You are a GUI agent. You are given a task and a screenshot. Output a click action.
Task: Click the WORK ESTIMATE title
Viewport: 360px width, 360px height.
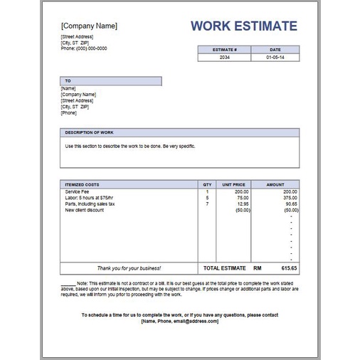coord(243,26)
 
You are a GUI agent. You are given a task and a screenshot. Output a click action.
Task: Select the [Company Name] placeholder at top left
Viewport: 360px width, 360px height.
coord(89,26)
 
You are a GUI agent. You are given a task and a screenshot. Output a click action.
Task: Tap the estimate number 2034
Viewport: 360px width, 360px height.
coord(224,56)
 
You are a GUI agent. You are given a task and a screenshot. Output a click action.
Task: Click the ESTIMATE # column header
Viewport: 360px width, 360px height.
coord(224,49)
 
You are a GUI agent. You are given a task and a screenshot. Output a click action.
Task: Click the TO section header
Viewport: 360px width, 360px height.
coord(68,81)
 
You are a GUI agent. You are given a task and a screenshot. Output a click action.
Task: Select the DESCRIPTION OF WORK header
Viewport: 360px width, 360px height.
coord(90,132)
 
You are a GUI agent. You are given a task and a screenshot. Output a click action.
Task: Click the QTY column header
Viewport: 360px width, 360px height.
coord(207,184)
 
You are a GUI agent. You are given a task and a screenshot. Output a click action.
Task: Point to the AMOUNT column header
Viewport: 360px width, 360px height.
coord(275,184)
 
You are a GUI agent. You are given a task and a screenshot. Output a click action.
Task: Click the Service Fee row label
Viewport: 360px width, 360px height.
coord(77,192)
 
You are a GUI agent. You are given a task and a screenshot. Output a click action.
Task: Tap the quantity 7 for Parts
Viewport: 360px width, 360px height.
coord(207,204)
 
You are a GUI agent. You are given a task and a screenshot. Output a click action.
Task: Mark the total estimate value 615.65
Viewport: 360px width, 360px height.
coord(289,268)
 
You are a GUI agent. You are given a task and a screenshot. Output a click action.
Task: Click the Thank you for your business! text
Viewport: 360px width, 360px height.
coord(129,268)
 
